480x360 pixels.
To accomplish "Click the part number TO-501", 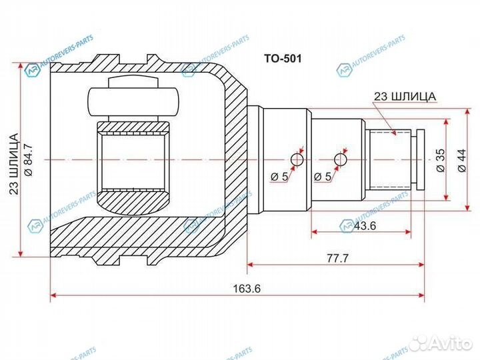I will click(x=283, y=59).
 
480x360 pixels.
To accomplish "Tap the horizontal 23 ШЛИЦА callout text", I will click(x=405, y=96).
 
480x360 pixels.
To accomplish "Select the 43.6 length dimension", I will click(x=365, y=226).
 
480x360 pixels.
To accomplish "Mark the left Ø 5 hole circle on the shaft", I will click(x=297, y=159).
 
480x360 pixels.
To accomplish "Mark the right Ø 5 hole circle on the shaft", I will click(x=341, y=159).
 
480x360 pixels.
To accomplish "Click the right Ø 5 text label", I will click(x=323, y=177).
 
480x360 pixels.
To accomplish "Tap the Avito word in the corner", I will click(x=452, y=342).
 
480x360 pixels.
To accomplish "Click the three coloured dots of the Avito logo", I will click(x=420, y=342).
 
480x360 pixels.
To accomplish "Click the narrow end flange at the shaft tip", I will click(x=421, y=160).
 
